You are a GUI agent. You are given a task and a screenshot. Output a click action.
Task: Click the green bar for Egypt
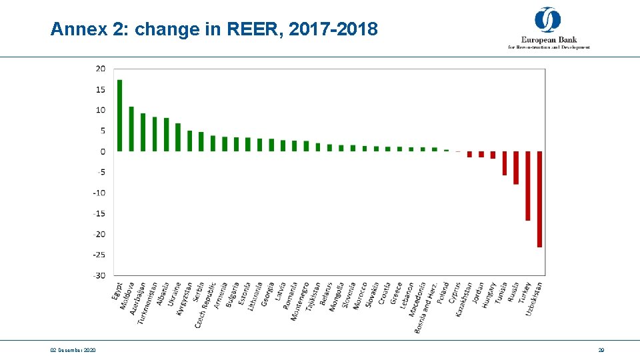tap(120, 115)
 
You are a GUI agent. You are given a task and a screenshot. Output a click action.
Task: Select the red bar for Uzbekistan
tap(539, 199)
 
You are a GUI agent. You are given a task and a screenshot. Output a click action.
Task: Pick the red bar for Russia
tap(516, 167)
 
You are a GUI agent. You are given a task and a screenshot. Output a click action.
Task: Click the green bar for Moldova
tap(131, 129)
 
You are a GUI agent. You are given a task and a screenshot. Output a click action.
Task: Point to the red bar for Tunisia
tap(505, 163)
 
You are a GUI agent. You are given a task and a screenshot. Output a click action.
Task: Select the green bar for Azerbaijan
tap(143, 132)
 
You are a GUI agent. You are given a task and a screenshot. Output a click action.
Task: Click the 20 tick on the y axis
tap(100, 69)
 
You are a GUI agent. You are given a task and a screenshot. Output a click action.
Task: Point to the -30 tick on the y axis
tap(99, 275)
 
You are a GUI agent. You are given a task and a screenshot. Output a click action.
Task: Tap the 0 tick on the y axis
tap(102, 151)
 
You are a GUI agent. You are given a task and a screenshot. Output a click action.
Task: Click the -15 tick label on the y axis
tap(99, 213)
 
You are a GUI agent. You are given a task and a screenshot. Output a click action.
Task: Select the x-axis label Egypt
tap(117, 291)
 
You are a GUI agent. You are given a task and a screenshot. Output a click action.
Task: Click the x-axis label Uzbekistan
tap(534, 299)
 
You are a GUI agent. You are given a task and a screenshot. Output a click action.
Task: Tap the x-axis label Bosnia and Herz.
tap(424, 307)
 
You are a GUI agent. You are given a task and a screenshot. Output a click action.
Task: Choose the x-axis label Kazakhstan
tap(464, 299)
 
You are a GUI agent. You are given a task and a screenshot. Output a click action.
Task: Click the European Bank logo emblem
tap(548, 19)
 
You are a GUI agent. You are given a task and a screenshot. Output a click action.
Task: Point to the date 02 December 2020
tap(73, 350)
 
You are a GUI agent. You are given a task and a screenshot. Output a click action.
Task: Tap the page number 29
tap(601, 350)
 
